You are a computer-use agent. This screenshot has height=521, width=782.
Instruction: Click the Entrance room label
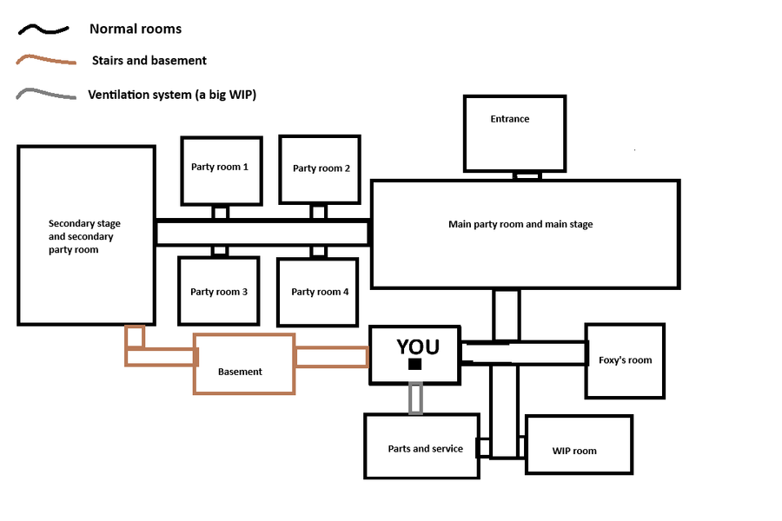[x=509, y=119]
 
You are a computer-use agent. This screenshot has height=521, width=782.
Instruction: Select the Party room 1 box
[x=221, y=169]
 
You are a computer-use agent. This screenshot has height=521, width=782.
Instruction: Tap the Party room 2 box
[x=320, y=169]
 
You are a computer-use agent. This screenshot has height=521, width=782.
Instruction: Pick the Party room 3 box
[x=219, y=293]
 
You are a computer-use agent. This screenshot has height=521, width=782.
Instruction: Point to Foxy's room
[x=625, y=360]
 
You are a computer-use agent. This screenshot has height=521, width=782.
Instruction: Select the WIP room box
[x=579, y=444]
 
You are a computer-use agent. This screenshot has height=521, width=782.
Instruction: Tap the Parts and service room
[x=421, y=446]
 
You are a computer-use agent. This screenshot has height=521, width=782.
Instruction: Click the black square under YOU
[x=415, y=365]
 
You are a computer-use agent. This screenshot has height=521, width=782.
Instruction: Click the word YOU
[x=418, y=346]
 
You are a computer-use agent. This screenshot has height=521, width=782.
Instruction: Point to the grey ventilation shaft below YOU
[x=416, y=399]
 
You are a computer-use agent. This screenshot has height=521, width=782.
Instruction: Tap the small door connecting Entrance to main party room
[x=527, y=175]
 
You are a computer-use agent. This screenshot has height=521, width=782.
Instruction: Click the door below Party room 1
[x=221, y=213]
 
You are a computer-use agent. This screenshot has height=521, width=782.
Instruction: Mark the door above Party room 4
[x=319, y=252]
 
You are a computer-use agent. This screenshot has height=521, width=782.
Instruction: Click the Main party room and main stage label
[x=520, y=225]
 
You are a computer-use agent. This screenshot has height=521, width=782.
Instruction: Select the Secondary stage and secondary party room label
[x=84, y=236]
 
